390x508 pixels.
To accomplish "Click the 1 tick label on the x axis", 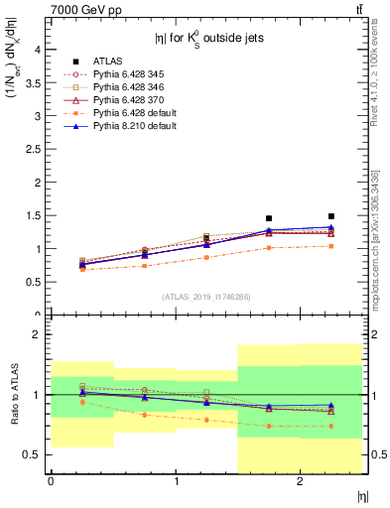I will click(x=176, y=481).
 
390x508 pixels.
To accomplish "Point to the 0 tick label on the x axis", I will click(x=51, y=481).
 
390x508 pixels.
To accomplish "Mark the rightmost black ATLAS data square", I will click(x=331, y=216).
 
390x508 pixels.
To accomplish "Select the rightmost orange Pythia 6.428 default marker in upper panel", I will click(x=331, y=246).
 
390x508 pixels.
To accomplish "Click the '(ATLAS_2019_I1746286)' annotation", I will click(x=205, y=297).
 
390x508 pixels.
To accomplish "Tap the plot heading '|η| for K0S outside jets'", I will click(x=205, y=39).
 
